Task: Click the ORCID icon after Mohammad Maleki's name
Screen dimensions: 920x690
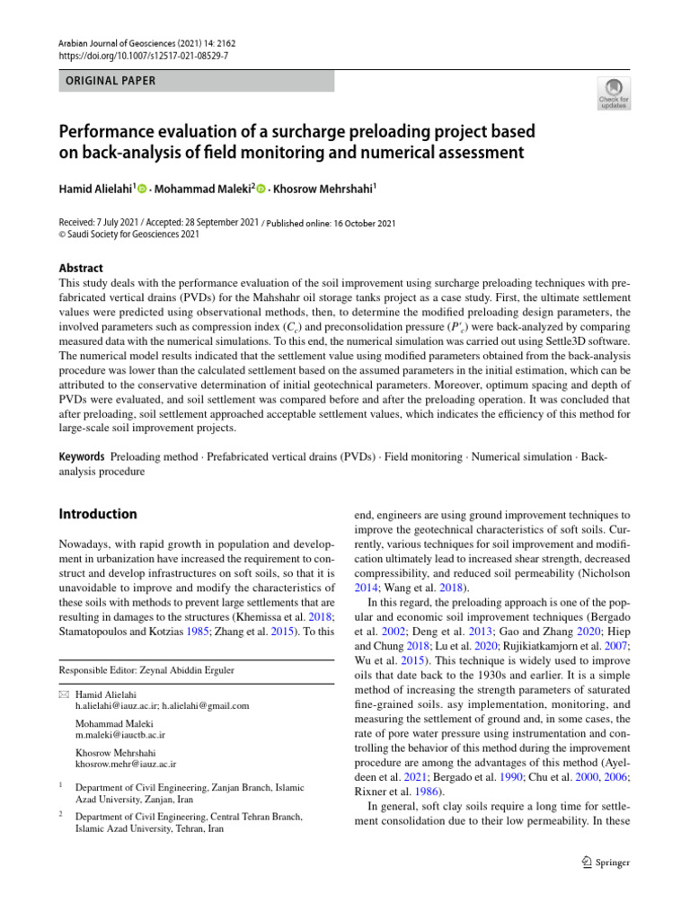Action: [261, 189]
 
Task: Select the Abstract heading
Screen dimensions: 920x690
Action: [81, 268]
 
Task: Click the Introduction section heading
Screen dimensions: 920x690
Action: [98, 514]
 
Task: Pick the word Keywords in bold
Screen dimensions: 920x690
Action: [82, 457]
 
